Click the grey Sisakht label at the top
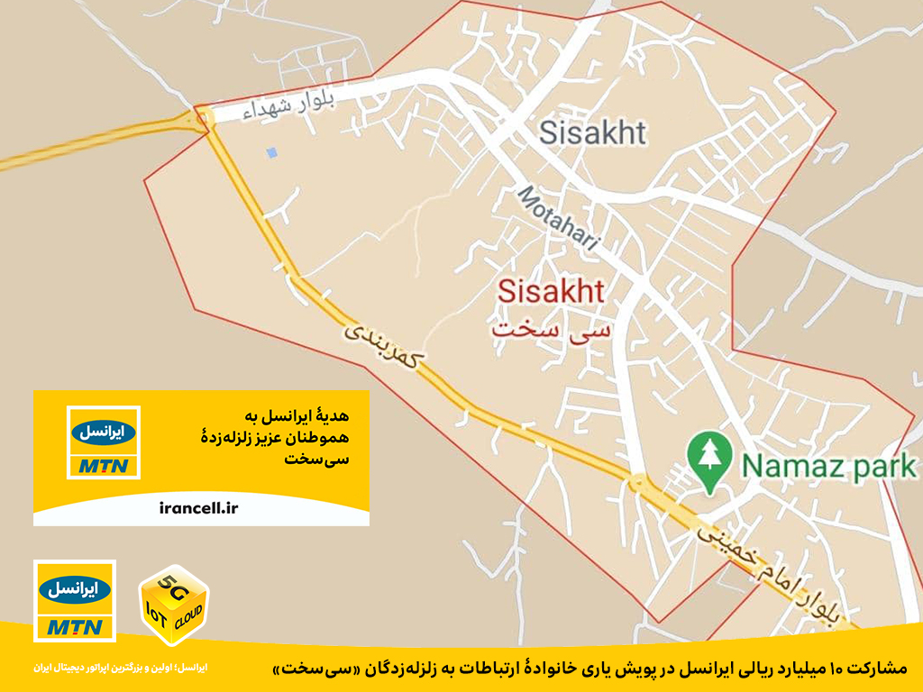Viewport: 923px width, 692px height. (592, 133)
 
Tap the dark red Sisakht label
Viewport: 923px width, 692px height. (551, 291)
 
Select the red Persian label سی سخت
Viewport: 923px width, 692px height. (551, 326)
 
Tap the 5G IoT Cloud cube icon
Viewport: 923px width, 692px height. (172, 605)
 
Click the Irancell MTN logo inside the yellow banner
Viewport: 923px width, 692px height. (104, 442)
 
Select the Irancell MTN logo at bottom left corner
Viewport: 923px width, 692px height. (74, 601)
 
